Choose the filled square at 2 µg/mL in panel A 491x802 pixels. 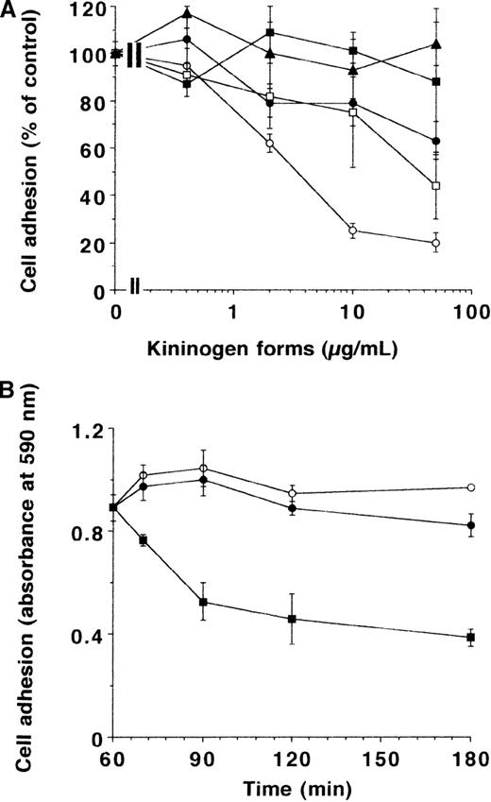(270, 33)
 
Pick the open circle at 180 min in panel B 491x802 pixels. (470, 487)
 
